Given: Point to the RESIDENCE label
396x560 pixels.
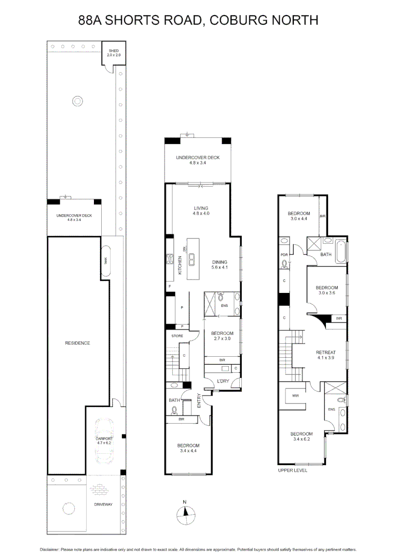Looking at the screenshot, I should tap(77, 343).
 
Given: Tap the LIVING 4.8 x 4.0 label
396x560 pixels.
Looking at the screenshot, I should tap(200, 210).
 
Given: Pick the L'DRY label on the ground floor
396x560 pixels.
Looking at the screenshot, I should tap(223, 382).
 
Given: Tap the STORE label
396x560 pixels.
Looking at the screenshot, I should tap(177, 336).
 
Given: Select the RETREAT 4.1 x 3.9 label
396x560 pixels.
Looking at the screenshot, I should tap(326, 355).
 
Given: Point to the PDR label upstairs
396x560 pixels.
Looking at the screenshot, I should tap(284, 255).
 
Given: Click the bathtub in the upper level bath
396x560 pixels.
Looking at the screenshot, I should tap(340, 251).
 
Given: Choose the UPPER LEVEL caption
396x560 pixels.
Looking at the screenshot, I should tap(293, 470).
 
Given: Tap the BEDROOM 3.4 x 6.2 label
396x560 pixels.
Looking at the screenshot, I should tap(301, 437).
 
